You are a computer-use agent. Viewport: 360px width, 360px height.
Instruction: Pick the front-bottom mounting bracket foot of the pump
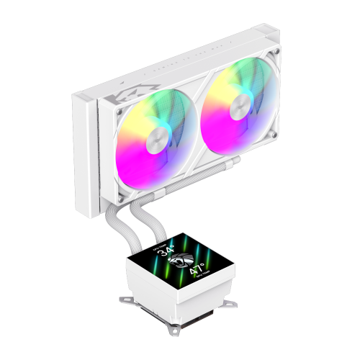(174, 332)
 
